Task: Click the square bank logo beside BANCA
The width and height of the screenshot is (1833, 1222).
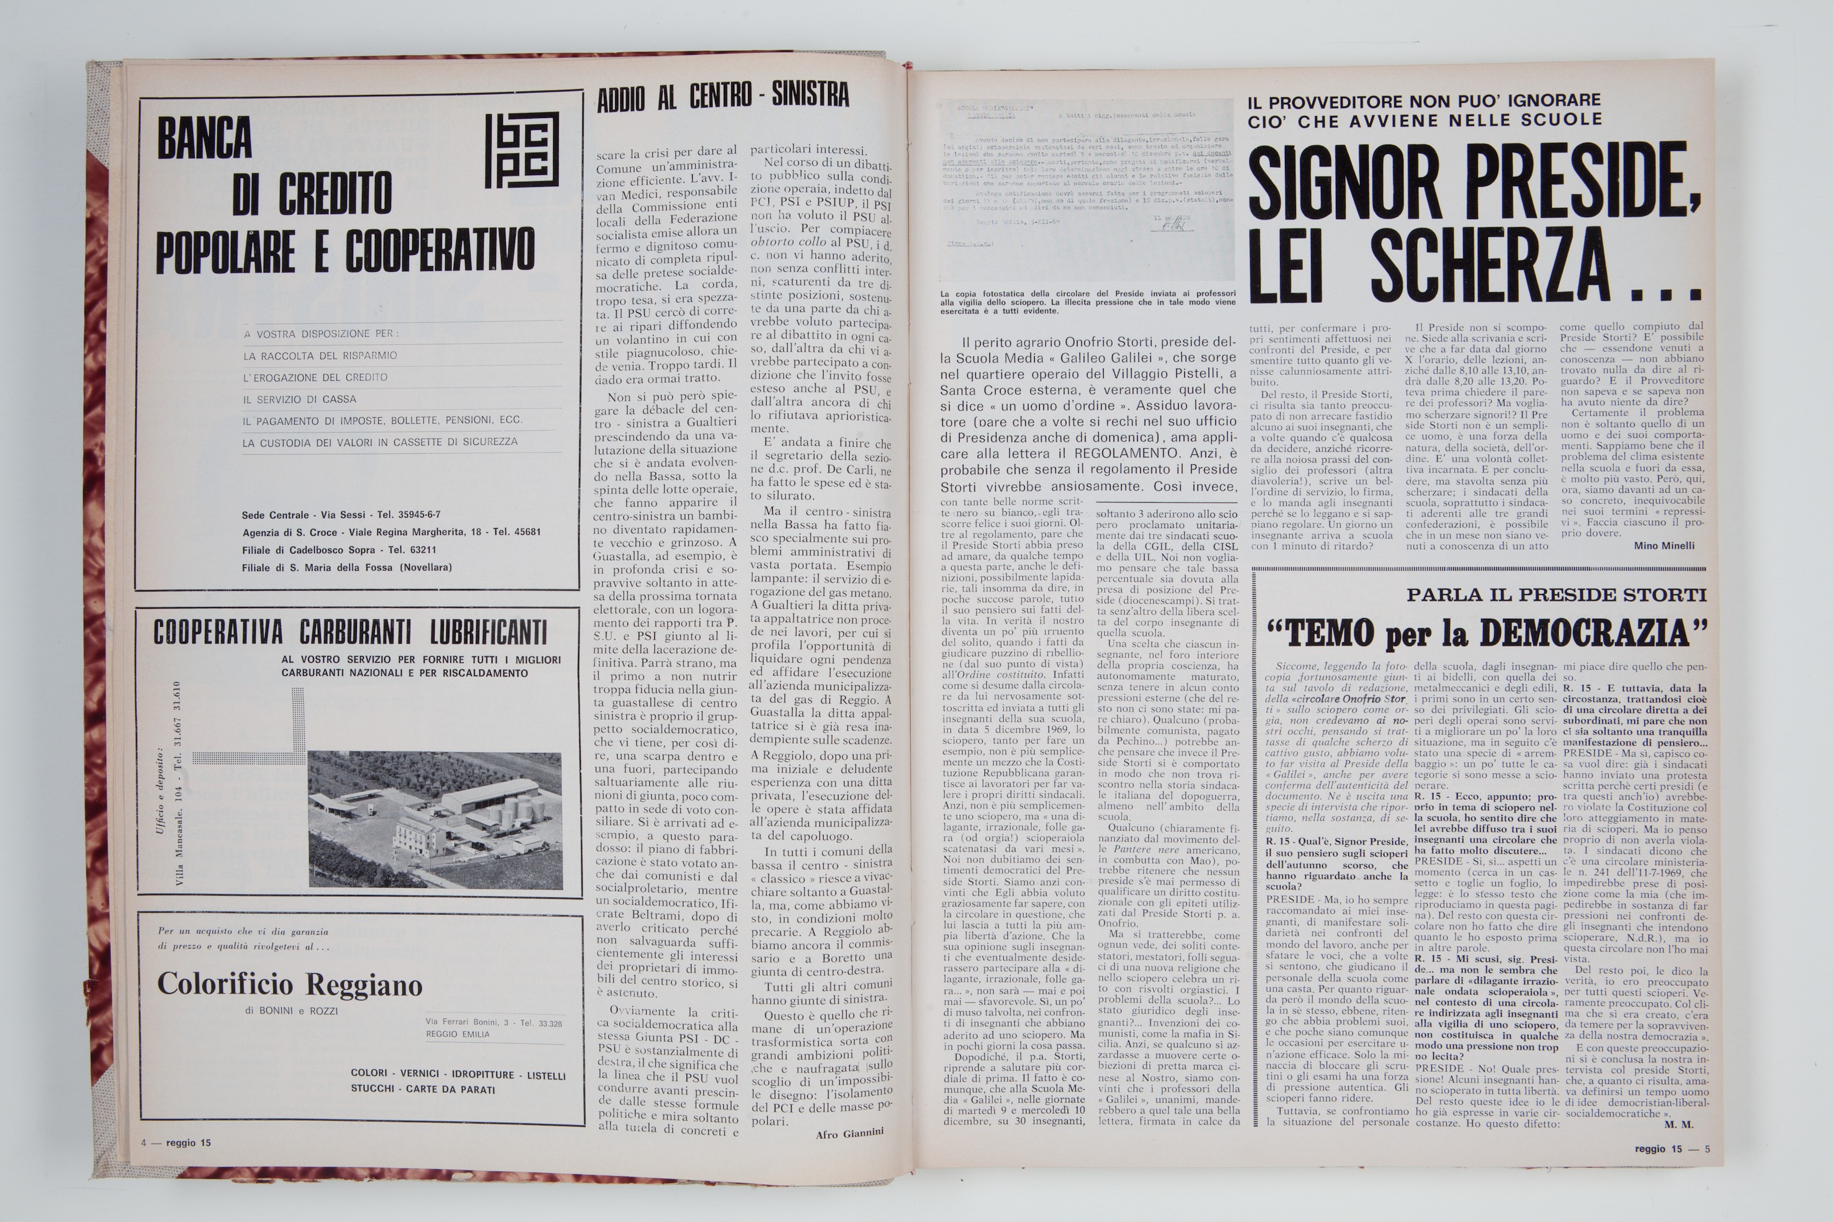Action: click(521, 150)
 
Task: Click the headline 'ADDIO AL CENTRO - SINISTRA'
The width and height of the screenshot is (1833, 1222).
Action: click(723, 97)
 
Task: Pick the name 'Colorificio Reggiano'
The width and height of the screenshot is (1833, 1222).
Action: click(290, 984)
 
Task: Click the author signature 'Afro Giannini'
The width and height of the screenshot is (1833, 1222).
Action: click(850, 1133)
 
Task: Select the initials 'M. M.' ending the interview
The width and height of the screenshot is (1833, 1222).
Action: click(1678, 1125)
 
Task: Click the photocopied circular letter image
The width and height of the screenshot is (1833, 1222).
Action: click(1087, 192)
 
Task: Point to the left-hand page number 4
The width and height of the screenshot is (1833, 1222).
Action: click(144, 1143)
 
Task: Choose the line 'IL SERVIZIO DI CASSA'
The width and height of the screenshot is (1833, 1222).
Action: click(299, 399)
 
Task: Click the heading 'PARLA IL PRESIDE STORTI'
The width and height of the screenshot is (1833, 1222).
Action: click(1556, 595)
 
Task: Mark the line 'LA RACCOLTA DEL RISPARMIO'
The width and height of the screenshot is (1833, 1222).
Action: click(320, 356)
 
